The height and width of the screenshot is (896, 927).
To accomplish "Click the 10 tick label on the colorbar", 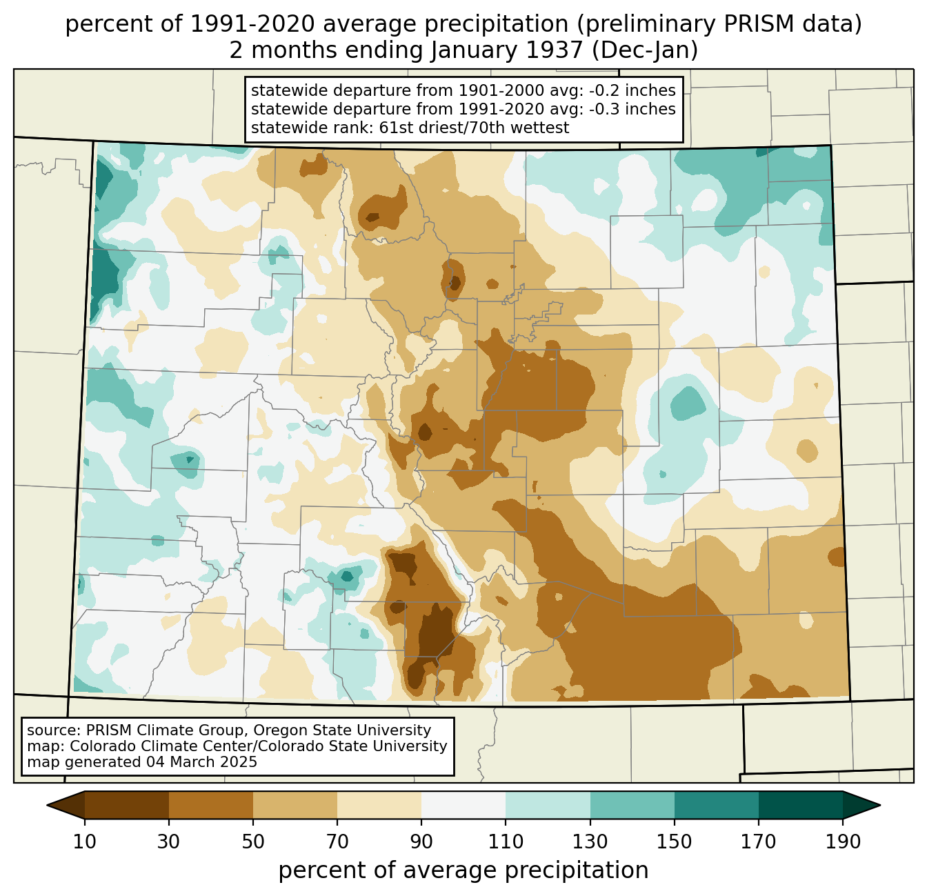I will tap(85, 842).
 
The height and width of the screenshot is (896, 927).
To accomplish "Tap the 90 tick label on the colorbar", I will tap(421, 842).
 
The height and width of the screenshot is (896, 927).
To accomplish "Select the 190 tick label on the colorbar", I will tap(843, 842).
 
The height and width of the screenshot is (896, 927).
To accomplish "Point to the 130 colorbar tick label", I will tap(590, 842).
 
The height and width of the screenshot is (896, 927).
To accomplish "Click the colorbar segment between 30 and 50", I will tap(211, 805).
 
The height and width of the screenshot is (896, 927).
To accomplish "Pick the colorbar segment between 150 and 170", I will tap(717, 805).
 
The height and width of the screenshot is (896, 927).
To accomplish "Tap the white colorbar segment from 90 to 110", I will tap(464, 805).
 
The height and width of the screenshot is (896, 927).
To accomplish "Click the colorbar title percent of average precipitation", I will tap(464, 870).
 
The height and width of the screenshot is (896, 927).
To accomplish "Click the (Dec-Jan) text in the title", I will tap(645, 50).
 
